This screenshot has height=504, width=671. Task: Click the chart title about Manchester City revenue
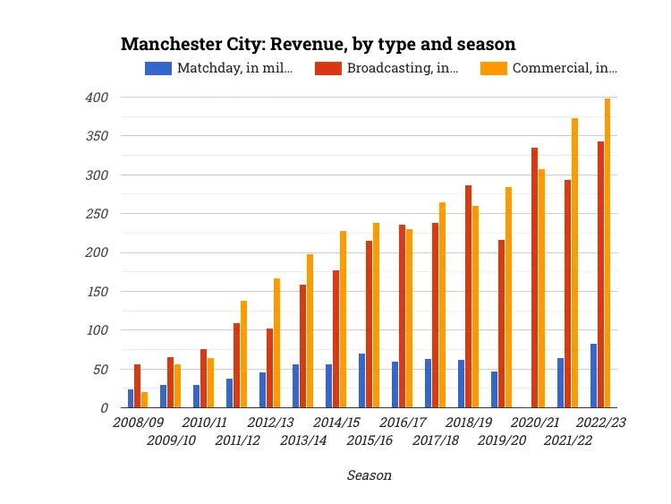[x=318, y=44]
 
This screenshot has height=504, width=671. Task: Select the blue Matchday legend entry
[x=219, y=68]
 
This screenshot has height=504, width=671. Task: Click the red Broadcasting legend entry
[x=390, y=68]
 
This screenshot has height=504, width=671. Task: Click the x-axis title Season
[x=369, y=475]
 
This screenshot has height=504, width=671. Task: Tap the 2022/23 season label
[x=600, y=423]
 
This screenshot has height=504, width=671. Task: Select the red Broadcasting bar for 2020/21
[x=534, y=278]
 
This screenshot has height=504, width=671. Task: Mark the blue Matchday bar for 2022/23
[x=593, y=376]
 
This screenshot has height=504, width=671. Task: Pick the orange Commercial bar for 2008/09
[x=144, y=399]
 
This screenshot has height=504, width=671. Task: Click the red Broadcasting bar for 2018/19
[x=468, y=296]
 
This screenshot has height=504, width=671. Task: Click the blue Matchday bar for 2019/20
[x=494, y=389]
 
